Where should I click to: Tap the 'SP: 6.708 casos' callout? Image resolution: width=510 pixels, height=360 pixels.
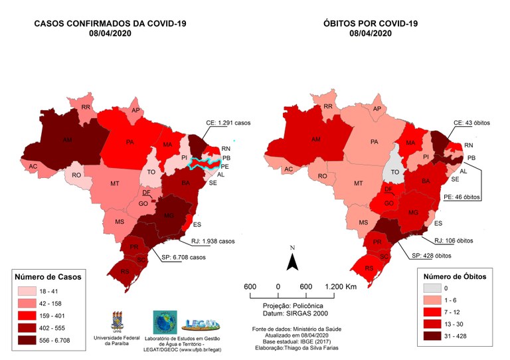click(186, 257)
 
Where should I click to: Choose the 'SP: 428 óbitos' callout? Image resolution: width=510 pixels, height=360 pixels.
click(432, 256)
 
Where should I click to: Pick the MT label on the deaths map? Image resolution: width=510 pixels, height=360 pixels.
click(359, 183)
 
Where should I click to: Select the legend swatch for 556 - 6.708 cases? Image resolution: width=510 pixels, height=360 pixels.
click(28, 339)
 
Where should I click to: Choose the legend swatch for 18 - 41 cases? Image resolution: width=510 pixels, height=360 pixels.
click(28, 290)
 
